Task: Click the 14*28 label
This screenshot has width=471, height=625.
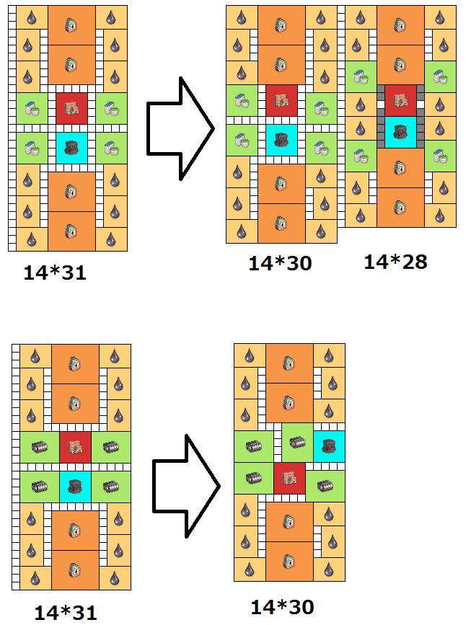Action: tap(395, 261)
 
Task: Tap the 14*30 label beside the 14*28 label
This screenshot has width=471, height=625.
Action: tap(280, 263)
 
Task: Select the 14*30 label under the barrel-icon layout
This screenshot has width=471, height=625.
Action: tap(282, 608)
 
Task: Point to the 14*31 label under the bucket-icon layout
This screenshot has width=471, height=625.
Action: tap(55, 272)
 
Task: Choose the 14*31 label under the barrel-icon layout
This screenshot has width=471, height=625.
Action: tap(65, 613)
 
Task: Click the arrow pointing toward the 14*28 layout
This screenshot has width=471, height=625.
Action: tap(180, 128)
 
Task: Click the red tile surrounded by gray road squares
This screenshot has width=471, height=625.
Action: tap(400, 99)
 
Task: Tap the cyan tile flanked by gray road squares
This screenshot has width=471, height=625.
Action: tap(400, 131)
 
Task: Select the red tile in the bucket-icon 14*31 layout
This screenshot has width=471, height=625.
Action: tap(71, 108)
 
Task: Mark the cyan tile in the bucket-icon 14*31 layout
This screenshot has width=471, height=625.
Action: tap(71, 147)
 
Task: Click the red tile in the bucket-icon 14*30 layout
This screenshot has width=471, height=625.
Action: tap(281, 100)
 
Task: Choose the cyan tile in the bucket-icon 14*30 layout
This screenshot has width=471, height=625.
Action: tap(281, 139)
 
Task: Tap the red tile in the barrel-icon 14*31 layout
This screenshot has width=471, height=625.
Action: tap(75, 448)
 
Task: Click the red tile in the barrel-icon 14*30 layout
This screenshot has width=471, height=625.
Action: tap(289, 478)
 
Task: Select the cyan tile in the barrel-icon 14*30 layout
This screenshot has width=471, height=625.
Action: tap(329, 447)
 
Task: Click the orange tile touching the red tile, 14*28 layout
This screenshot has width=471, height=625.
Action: tap(400, 64)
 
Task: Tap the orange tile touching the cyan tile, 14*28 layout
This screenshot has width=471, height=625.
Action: tap(400, 167)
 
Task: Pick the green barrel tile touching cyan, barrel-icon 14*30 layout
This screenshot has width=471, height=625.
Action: tap(296, 447)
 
